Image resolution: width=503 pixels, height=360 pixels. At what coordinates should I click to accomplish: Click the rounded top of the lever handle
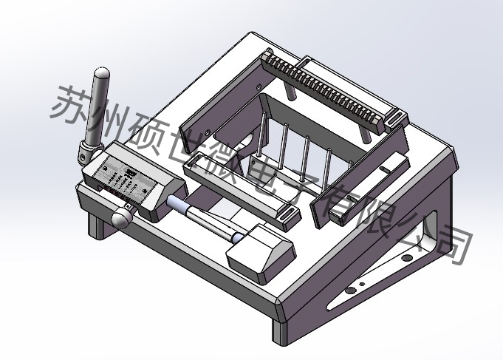[x=101, y=74]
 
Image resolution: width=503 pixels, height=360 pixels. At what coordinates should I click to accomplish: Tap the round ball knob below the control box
[x=120, y=217]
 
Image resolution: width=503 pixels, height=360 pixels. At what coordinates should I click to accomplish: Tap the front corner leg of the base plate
[x=278, y=329]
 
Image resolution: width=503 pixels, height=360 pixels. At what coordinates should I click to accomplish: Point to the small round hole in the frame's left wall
[x=209, y=132]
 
